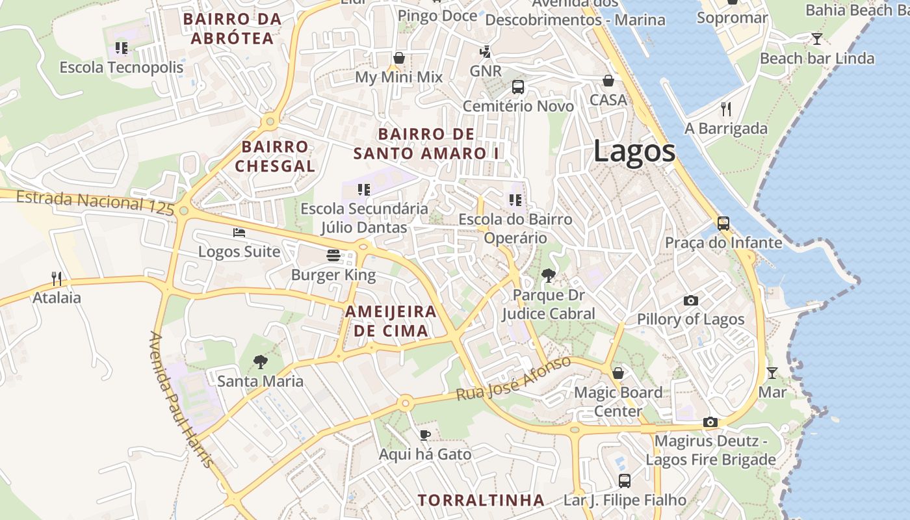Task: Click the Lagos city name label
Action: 634,151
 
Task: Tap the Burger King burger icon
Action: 333,255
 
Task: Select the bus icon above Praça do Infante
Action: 723,224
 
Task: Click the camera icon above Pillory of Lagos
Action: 690,300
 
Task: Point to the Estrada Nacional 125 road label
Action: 95,201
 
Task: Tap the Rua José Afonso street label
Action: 513,378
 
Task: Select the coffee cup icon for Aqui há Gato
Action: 425,434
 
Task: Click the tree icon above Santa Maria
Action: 260,362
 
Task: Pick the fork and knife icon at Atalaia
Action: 57,279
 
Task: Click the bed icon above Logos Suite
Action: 239,233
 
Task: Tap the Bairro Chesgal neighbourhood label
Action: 275,157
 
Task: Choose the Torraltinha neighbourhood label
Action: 481,500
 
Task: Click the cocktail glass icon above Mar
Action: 772,373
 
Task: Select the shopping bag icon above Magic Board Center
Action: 617,373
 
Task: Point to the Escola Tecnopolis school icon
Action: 121,48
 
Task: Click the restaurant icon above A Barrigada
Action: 726,109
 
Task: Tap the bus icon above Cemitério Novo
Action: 518,86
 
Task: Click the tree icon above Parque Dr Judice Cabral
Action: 548,276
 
